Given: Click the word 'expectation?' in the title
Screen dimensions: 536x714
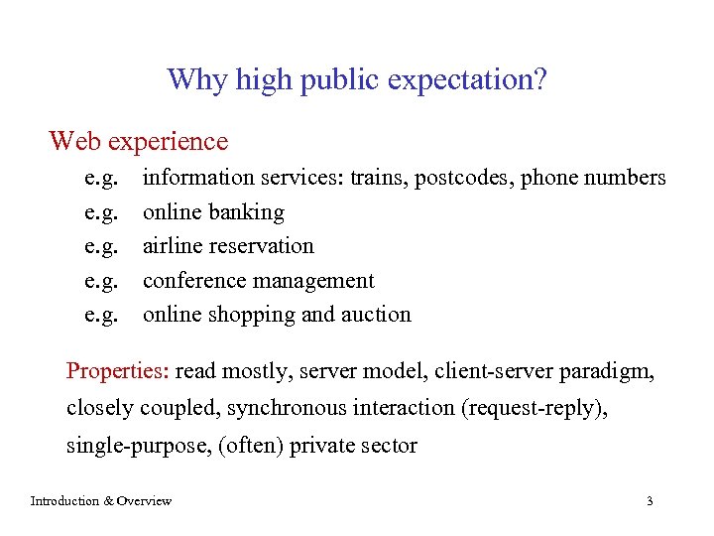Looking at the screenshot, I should (x=466, y=79).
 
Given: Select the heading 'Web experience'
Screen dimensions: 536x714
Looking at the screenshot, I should (x=138, y=142).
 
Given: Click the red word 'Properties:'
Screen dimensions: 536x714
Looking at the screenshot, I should (x=118, y=372).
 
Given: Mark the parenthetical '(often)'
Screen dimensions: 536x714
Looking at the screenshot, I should (x=250, y=446).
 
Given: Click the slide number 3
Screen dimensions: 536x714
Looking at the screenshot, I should (x=650, y=501).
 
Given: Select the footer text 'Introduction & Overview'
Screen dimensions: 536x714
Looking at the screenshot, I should (x=101, y=501).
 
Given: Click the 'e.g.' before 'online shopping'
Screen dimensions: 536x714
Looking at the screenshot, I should (x=101, y=315).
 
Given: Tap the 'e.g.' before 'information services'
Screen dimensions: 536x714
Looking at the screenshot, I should (x=101, y=179).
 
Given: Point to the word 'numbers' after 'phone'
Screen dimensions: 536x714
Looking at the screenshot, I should (x=628, y=178).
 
